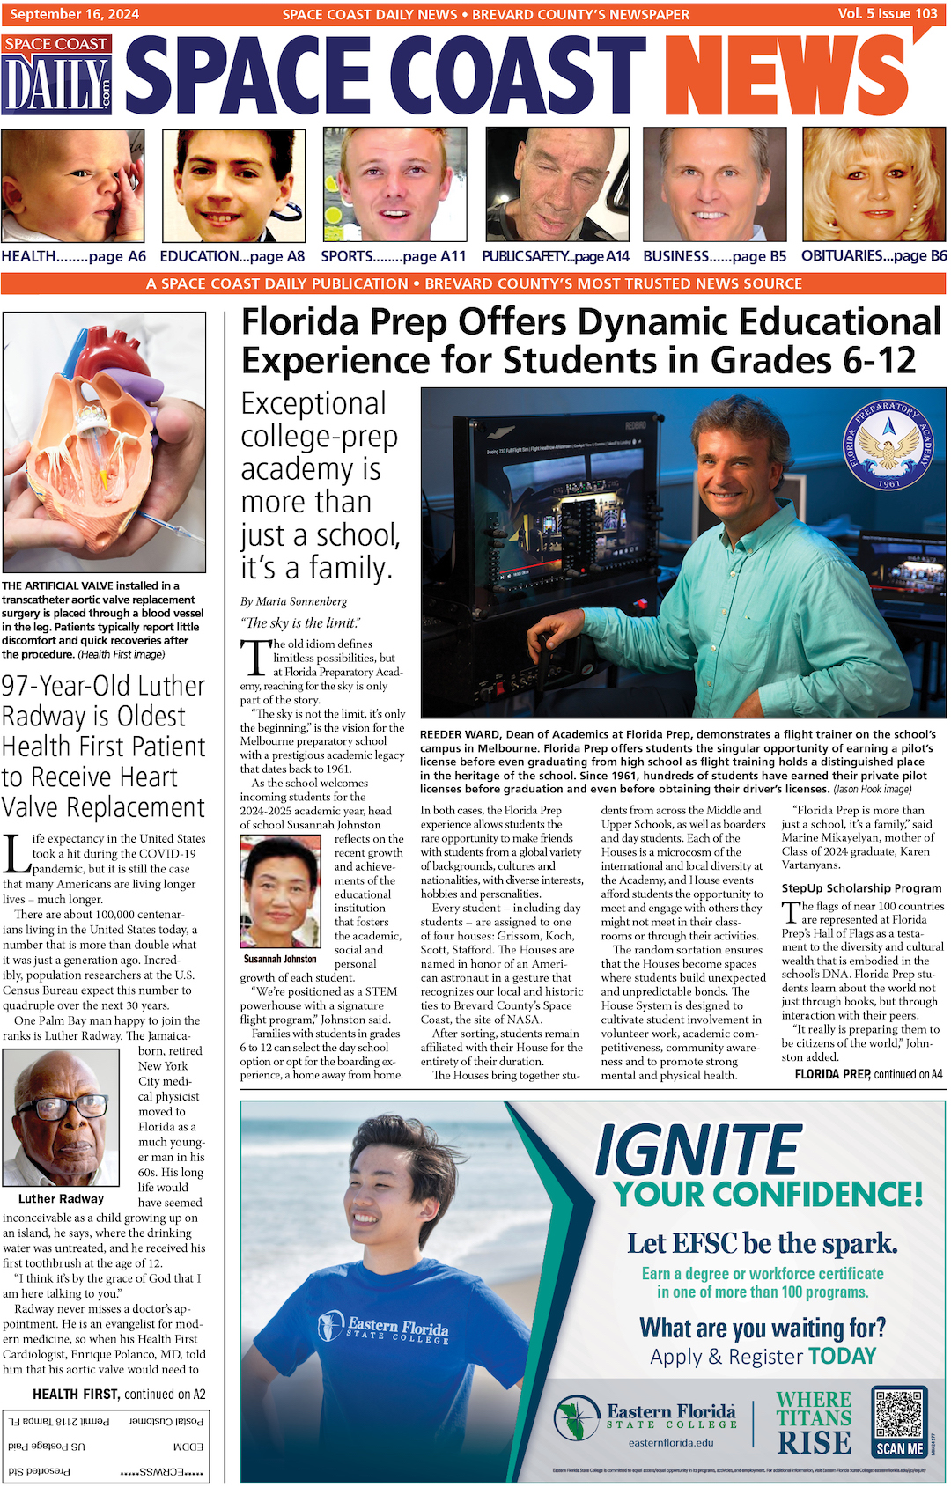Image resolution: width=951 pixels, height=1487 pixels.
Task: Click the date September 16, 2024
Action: pos(75,14)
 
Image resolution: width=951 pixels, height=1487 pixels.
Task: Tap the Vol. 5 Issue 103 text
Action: pos(887,13)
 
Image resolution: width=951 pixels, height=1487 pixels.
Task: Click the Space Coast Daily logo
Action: pos(57,76)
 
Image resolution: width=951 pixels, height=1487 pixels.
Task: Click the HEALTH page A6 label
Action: pos(74,256)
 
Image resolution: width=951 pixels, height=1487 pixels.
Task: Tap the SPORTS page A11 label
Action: pos(393,256)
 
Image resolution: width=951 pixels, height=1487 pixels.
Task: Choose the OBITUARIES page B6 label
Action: pos(874,255)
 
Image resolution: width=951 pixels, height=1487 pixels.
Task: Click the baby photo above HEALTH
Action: pos(73,186)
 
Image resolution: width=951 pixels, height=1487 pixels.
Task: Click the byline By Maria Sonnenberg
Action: pos(294,601)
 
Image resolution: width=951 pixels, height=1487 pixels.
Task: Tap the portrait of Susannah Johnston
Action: pos(281,892)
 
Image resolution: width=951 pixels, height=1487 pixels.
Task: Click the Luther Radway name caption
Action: pos(61,1198)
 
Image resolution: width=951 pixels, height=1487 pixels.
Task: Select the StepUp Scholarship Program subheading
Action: pos(861,888)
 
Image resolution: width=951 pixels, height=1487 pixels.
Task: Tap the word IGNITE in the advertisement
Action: pos(697,1151)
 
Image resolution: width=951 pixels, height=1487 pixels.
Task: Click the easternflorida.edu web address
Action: pos(671,1442)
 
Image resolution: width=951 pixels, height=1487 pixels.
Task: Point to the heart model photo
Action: pos(104,442)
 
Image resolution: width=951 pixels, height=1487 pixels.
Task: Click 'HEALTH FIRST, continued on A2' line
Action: pos(119,1394)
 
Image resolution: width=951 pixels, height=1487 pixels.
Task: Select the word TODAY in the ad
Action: pos(843,1356)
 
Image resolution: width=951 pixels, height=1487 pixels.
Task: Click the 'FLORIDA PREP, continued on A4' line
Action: pos(868,1074)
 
